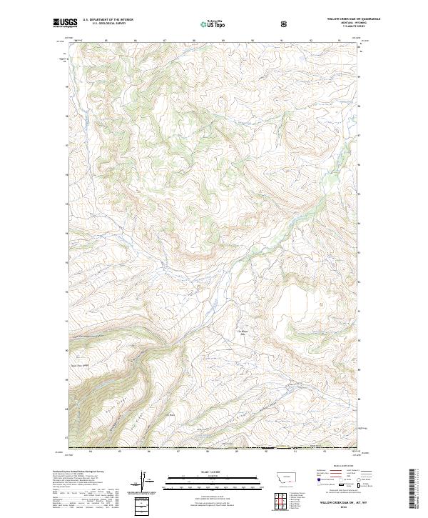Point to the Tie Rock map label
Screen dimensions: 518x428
pyautogui.click(x=170, y=416)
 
